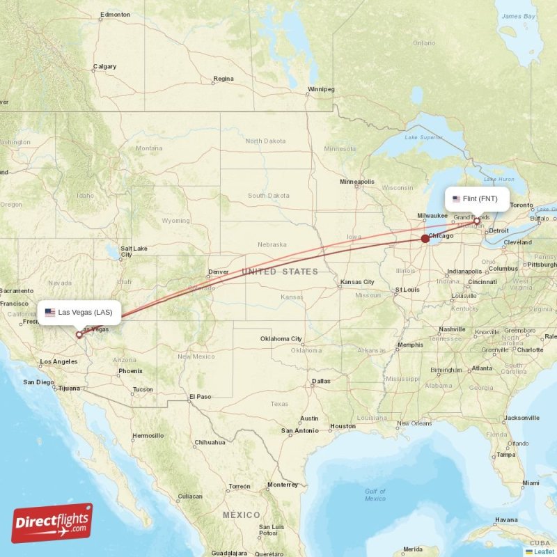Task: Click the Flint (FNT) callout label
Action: pyautogui.click(x=478, y=199)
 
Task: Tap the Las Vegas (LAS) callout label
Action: pyautogui.click(x=79, y=313)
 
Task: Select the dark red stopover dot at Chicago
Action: pyautogui.click(x=425, y=238)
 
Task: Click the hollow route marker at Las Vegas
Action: pyautogui.click(x=79, y=335)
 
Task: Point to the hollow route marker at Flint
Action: pyautogui.click(x=477, y=221)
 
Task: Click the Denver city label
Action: pyautogui.click(x=218, y=272)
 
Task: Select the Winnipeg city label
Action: pyautogui.click(x=321, y=89)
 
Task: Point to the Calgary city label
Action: pyautogui.click(x=105, y=67)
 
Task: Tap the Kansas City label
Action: pyautogui.click(x=357, y=282)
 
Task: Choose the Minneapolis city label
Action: pyautogui.click(x=356, y=182)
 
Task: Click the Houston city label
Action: pyautogui.click(x=343, y=425)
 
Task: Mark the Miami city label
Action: pyautogui.click(x=531, y=483)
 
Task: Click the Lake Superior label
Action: pyautogui.click(x=423, y=137)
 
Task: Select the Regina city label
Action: pyautogui.click(x=223, y=79)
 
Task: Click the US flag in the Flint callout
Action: pyautogui.click(x=457, y=199)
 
